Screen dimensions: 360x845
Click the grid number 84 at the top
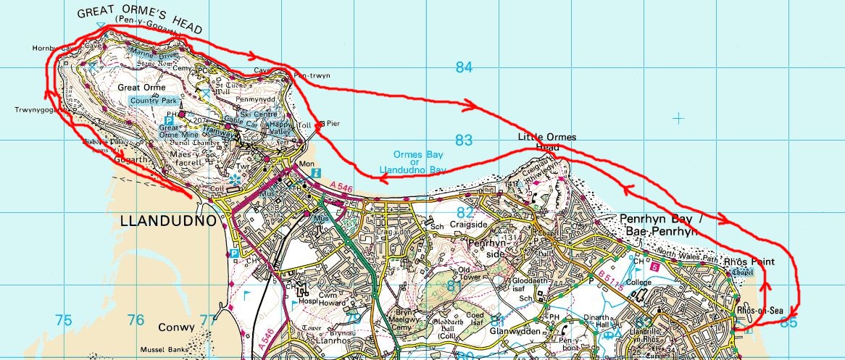coord(464,68)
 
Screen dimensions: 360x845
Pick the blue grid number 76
coord(136,320)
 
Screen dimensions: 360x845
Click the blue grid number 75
coord(64,320)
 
